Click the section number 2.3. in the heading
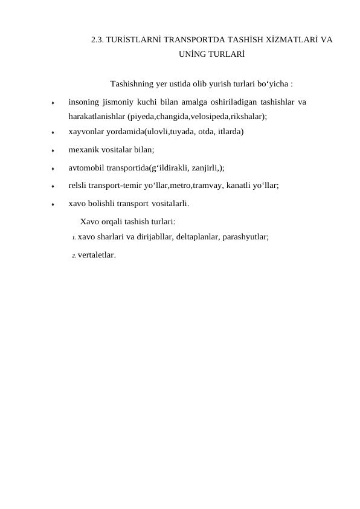click(97, 41)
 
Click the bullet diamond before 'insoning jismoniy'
click(53, 103)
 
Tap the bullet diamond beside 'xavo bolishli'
click(53, 205)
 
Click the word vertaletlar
click(96, 254)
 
